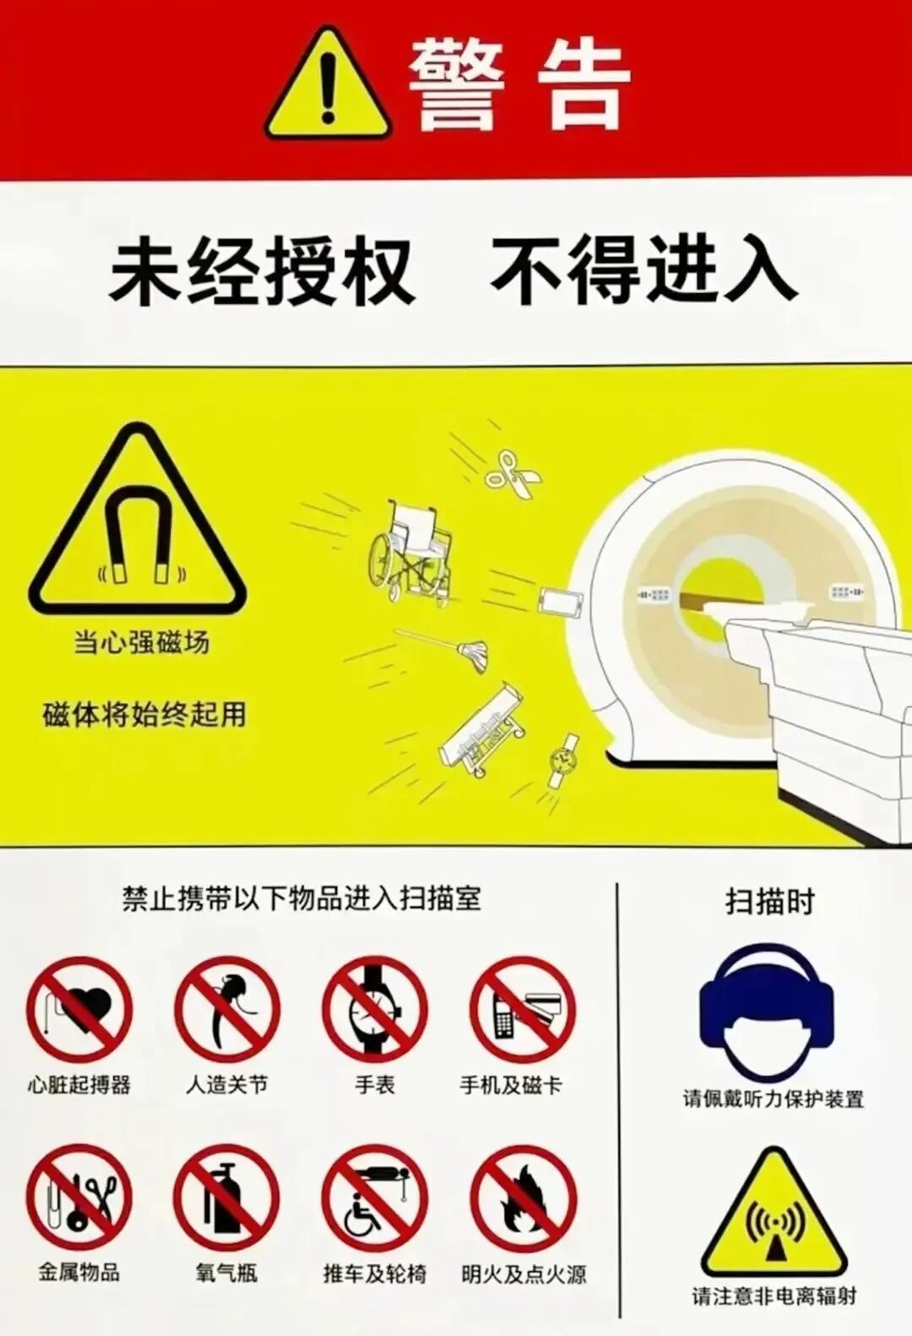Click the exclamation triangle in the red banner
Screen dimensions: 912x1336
click(x=328, y=84)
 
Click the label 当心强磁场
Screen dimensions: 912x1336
click(x=142, y=643)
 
